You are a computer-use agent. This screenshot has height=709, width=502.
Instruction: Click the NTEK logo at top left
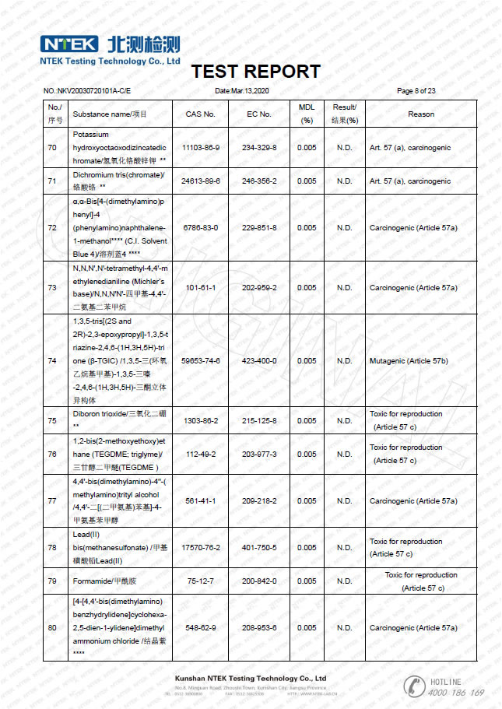coord(69,44)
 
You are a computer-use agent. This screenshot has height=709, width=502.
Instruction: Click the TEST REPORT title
coord(255,72)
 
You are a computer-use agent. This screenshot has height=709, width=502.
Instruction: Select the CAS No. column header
coord(200,114)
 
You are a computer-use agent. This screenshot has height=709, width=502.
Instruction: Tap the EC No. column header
coord(259,114)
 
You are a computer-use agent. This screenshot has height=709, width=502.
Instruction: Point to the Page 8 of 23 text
coord(416,91)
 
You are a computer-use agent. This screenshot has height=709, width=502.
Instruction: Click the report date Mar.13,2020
coord(241,91)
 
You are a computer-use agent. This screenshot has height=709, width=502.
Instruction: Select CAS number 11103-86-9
coord(200,147)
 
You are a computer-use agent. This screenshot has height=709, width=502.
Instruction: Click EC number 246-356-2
coord(259,181)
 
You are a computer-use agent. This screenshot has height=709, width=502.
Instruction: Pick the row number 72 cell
coord(52,228)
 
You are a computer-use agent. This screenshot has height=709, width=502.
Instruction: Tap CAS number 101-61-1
coord(200,288)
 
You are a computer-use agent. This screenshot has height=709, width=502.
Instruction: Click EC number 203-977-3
coord(259,454)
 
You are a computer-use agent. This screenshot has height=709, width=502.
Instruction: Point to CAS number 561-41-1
coord(200,501)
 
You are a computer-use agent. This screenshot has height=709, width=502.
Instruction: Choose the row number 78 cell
coord(52,548)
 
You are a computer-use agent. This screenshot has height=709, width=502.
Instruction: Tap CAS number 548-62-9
coord(200,628)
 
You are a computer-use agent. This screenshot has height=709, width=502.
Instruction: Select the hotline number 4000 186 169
coord(456,693)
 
